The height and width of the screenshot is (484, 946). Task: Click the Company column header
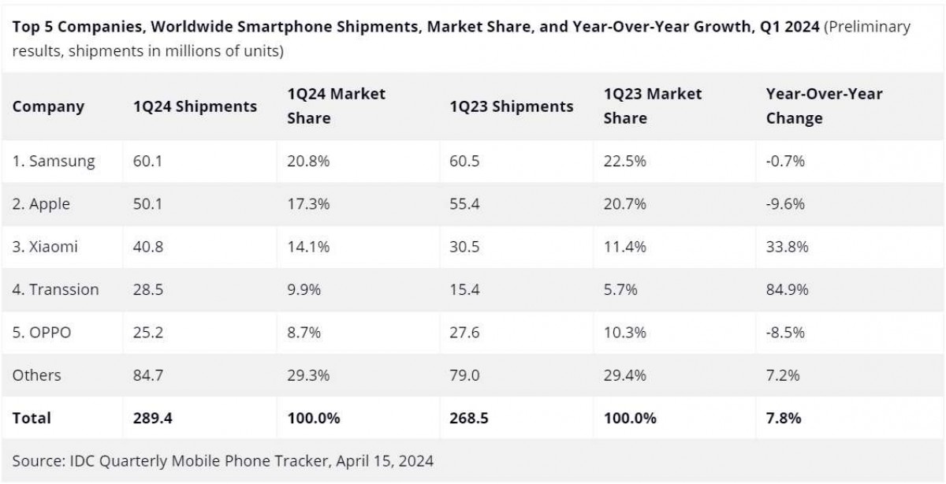(48, 106)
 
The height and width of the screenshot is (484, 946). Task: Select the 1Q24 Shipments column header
(195, 106)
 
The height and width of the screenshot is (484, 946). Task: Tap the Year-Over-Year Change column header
(824, 106)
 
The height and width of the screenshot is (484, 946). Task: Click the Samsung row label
(54, 162)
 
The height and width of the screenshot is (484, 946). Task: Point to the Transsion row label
(55, 289)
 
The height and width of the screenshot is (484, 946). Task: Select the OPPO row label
(42, 333)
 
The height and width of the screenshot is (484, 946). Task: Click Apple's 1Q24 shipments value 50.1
(147, 204)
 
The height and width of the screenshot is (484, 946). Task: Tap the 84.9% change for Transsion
(787, 289)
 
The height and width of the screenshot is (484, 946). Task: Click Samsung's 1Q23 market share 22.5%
(625, 162)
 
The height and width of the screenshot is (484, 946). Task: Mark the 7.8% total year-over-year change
(784, 418)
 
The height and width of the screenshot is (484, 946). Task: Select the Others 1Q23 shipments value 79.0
(464, 375)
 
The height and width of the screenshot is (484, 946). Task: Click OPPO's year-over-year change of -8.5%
(785, 333)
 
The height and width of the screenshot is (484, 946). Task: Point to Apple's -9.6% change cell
(785, 204)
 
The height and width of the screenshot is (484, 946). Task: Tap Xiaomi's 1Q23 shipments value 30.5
(464, 247)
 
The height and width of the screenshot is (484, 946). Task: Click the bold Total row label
(32, 418)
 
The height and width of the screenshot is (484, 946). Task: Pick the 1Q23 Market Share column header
(652, 106)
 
